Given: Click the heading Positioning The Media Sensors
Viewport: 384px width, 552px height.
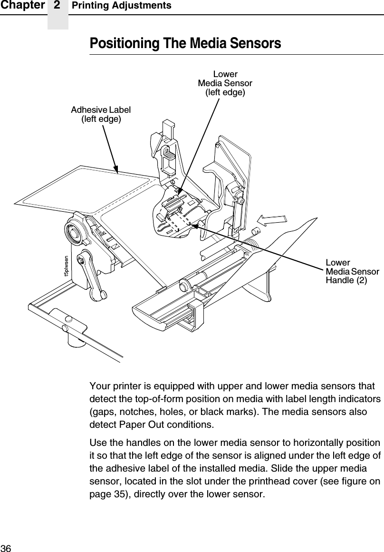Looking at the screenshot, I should point(185,43).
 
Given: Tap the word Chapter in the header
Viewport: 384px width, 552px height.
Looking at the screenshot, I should point(22,5).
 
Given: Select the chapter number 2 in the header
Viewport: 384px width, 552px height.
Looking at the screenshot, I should point(57,5).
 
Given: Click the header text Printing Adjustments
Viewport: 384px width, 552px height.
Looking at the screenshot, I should point(121,6).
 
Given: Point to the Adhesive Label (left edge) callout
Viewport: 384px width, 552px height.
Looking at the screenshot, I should point(101,114).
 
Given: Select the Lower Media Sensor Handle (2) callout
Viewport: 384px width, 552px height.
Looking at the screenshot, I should point(352,271).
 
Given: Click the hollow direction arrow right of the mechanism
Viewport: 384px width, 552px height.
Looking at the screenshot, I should point(271,220).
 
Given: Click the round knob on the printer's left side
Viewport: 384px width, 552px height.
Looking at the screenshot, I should point(74,233).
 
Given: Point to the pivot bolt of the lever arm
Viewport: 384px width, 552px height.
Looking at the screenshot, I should point(83,260).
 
